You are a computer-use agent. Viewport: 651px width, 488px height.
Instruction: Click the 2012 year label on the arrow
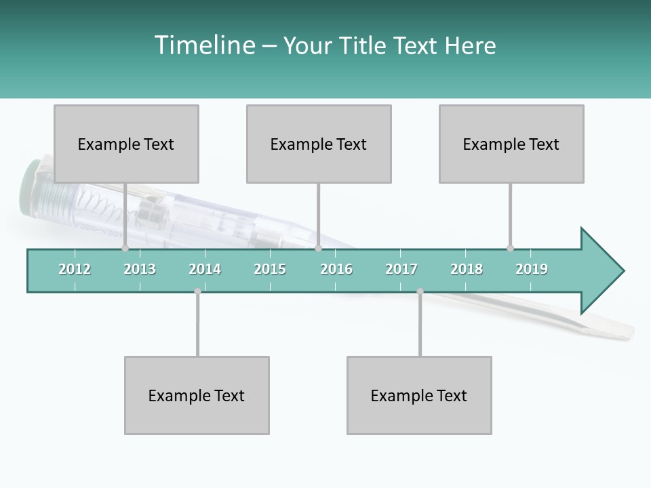point(75,269)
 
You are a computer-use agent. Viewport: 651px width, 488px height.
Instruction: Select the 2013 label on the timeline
point(140,269)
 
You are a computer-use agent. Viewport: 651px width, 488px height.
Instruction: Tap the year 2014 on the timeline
point(205,269)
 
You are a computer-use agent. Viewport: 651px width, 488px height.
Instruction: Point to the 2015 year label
point(270,269)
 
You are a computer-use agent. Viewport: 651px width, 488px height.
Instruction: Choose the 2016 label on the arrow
point(336,269)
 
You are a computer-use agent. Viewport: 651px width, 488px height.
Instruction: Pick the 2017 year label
point(401,269)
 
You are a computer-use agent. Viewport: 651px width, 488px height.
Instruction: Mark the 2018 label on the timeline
point(467,269)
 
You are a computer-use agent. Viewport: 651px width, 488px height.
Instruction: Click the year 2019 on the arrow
point(532,269)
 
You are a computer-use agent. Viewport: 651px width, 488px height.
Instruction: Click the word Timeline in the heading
point(203,45)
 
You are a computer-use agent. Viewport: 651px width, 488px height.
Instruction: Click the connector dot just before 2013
point(125,248)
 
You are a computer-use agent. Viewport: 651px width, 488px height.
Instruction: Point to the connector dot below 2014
point(197,291)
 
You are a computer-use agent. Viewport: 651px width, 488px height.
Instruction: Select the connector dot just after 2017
point(420,291)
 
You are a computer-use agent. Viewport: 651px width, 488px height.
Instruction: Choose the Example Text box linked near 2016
point(319,144)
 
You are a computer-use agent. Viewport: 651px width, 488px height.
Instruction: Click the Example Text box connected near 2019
point(511,144)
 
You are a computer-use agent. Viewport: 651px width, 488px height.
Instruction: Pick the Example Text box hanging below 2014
point(197,395)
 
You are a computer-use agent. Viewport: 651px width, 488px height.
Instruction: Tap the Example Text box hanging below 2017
point(419,395)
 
